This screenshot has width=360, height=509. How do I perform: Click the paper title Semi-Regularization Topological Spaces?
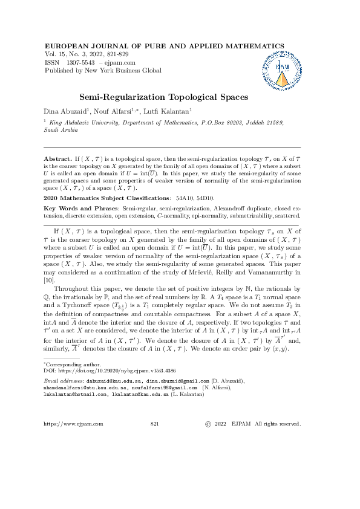(x=163, y=97)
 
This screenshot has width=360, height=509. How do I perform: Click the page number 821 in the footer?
(x=154, y=424)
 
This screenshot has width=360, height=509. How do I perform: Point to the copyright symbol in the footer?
(x=209, y=424)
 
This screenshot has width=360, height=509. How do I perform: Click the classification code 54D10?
(x=202, y=198)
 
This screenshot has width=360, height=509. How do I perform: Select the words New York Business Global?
(x=126, y=70)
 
